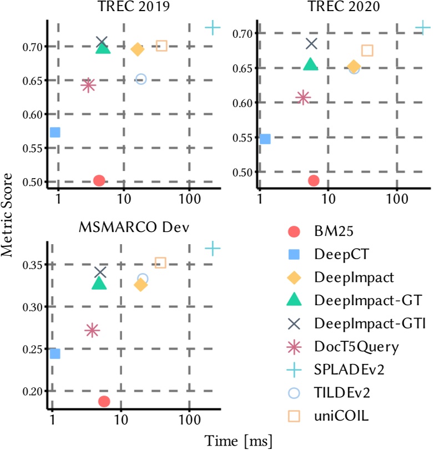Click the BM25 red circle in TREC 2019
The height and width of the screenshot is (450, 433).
click(x=99, y=180)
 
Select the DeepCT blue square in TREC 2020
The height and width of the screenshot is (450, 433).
click(x=265, y=139)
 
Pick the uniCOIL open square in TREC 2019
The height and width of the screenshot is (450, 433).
click(x=162, y=46)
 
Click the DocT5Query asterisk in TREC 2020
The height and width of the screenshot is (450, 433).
click(x=303, y=98)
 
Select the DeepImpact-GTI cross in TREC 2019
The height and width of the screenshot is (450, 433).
click(x=102, y=42)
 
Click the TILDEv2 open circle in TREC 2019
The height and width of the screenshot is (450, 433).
click(x=141, y=79)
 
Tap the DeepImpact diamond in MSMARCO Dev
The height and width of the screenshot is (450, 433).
click(x=140, y=285)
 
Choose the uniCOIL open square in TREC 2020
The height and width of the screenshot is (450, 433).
click(x=367, y=50)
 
